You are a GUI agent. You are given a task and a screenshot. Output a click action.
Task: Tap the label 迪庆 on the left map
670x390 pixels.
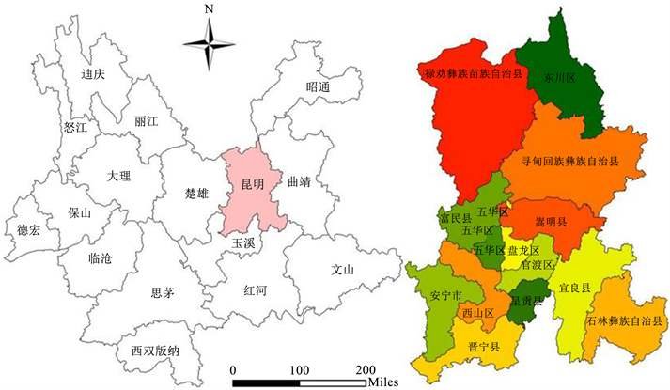point(92,74)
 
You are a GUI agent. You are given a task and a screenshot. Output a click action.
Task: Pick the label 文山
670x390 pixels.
point(343,270)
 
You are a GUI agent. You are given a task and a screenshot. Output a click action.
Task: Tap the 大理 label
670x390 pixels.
point(119,176)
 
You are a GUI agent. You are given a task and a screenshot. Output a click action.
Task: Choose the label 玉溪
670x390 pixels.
point(243,242)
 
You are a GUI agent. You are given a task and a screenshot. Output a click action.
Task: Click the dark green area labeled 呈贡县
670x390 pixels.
point(523,302)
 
